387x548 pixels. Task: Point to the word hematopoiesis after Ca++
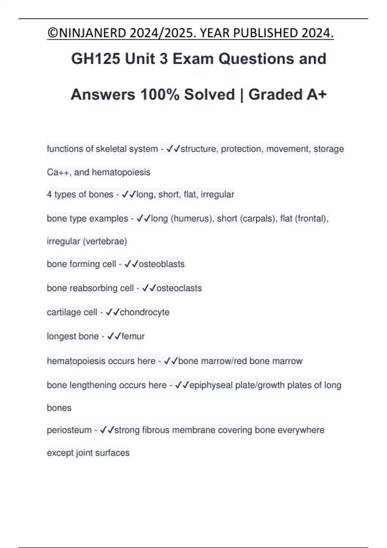(x=121, y=172)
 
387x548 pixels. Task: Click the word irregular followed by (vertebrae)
(x=64, y=241)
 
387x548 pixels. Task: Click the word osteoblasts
(x=162, y=264)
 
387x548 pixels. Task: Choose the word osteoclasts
(x=179, y=288)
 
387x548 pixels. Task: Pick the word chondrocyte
(x=144, y=312)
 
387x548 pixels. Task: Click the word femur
(x=133, y=336)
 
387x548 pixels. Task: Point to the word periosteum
(x=69, y=430)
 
